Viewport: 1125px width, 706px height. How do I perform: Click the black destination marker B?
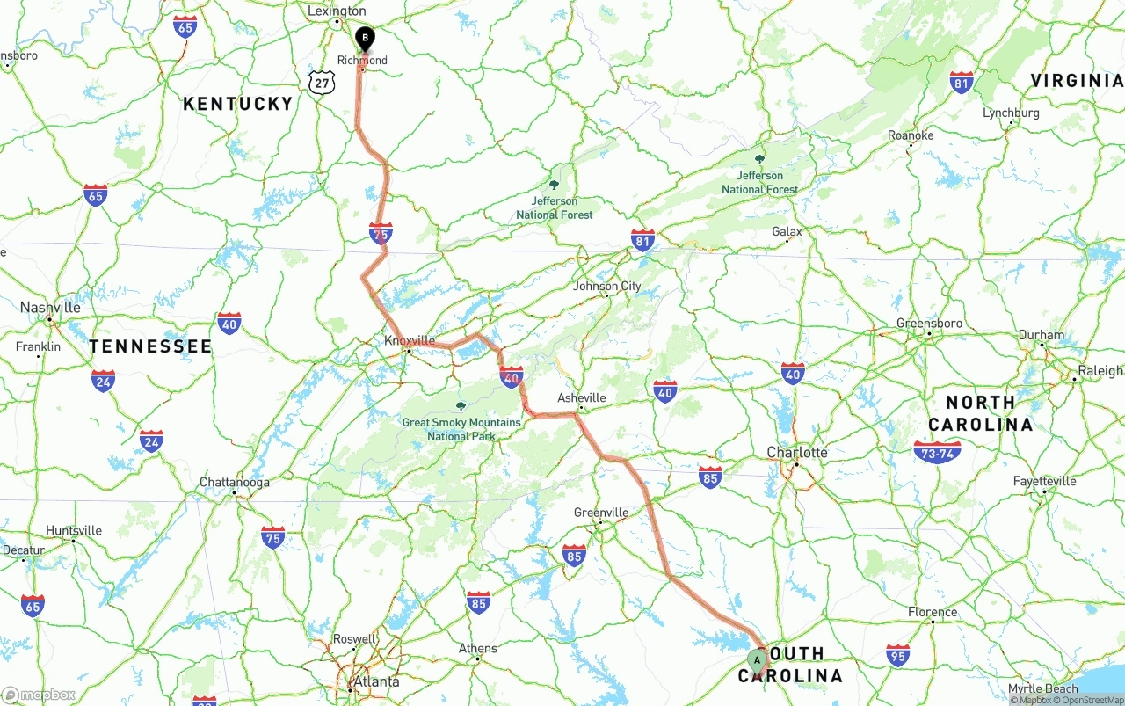click(364, 39)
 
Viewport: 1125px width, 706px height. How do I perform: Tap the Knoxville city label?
click(410, 340)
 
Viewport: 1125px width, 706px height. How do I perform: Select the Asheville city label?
click(582, 397)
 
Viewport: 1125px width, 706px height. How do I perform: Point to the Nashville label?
click(50, 308)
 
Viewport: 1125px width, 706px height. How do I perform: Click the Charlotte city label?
click(797, 453)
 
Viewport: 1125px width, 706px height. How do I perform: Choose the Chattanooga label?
click(235, 482)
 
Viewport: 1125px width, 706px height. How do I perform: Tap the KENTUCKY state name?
click(237, 104)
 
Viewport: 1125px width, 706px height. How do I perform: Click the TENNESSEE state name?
click(150, 346)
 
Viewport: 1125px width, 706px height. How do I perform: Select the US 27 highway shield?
click(323, 83)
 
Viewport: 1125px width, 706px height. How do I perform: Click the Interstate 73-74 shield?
click(937, 453)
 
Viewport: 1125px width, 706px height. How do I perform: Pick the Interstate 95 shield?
click(897, 654)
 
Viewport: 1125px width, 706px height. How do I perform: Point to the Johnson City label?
click(606, 286)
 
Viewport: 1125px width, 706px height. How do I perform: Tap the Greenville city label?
click(601, 513)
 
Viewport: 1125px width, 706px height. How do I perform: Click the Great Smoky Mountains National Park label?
click(461, 428)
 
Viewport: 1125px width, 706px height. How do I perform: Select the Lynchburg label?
click(1011, 113)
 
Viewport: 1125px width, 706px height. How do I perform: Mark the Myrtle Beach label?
click(1042, 688)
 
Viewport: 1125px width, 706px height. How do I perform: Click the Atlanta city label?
click(375, 681)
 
